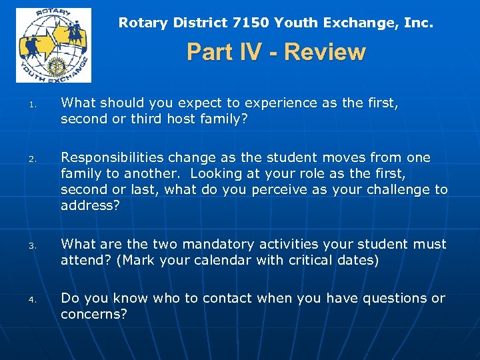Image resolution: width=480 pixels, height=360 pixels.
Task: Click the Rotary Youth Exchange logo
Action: [x=53, y=45]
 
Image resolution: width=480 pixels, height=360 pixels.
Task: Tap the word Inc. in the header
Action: [x=419, y=23]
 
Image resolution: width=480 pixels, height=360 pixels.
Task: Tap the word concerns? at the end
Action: [x=93, y=313]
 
